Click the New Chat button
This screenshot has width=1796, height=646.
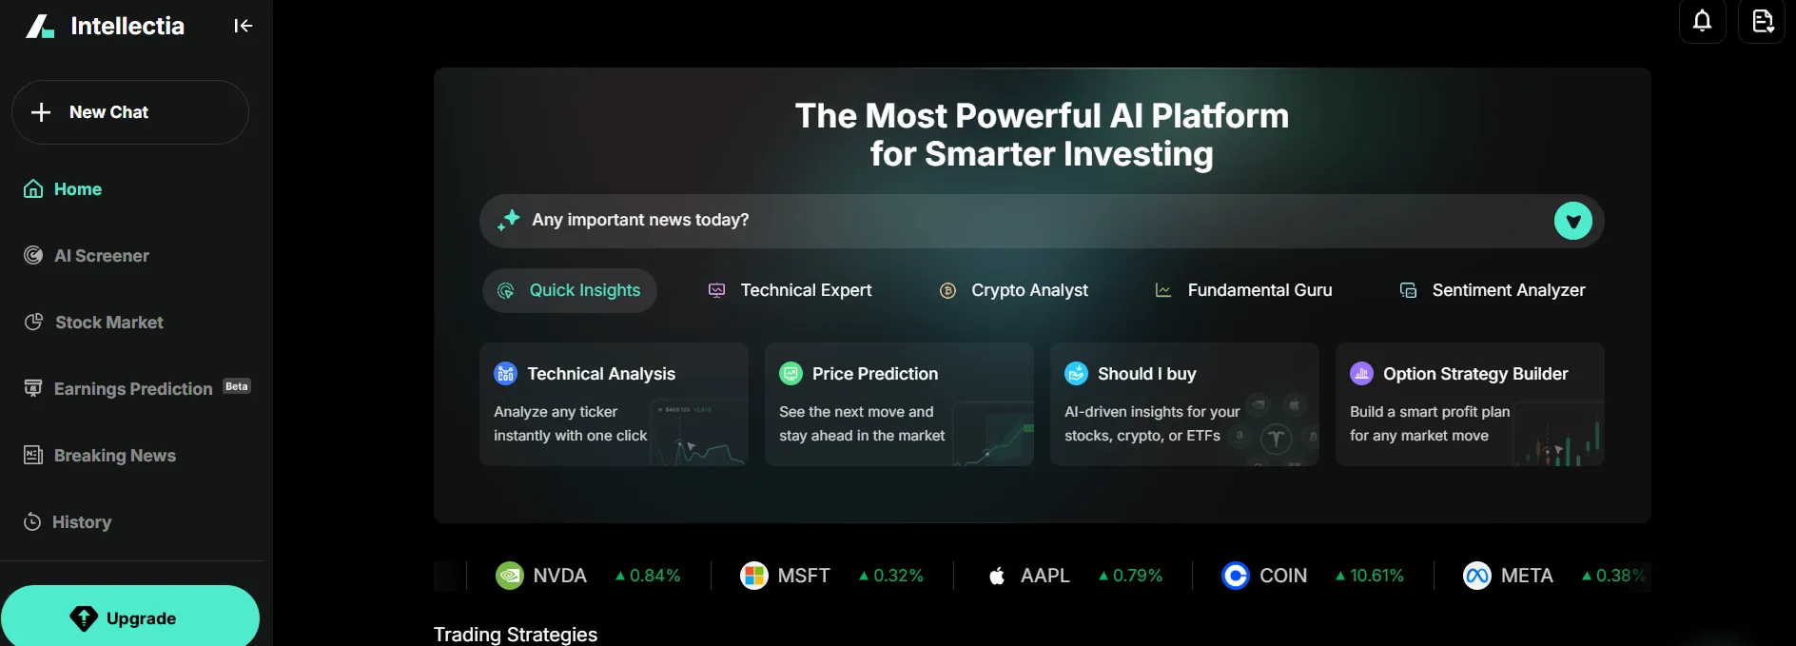tap(130, 112)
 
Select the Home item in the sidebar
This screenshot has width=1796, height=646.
tap(63, 189)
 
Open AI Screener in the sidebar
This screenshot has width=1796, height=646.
tap(87, 256)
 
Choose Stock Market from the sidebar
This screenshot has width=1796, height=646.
tap(93, 323)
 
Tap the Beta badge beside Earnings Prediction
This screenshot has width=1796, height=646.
tap(237, 386)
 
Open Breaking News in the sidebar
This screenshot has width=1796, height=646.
tap(100, 456)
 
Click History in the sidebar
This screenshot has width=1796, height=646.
tap(68, 522)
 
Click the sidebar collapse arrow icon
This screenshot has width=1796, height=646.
tap(244, 26)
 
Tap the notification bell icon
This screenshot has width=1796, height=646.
tap(1703, 21)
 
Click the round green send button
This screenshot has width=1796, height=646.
tap(1573, 222)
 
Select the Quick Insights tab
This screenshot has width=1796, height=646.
tap(570, 290)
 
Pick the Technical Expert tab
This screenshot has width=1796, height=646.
tap(791, 290)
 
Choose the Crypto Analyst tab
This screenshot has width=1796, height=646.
tap(1014, 290)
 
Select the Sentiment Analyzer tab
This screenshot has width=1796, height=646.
tap(1493, 290)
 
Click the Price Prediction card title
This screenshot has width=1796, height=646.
tap(875, 374)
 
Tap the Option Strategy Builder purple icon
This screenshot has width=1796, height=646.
tap(1361, 374)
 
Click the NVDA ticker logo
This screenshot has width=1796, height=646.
tap(510, 576)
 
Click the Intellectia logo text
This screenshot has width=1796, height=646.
tap(127, 26)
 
